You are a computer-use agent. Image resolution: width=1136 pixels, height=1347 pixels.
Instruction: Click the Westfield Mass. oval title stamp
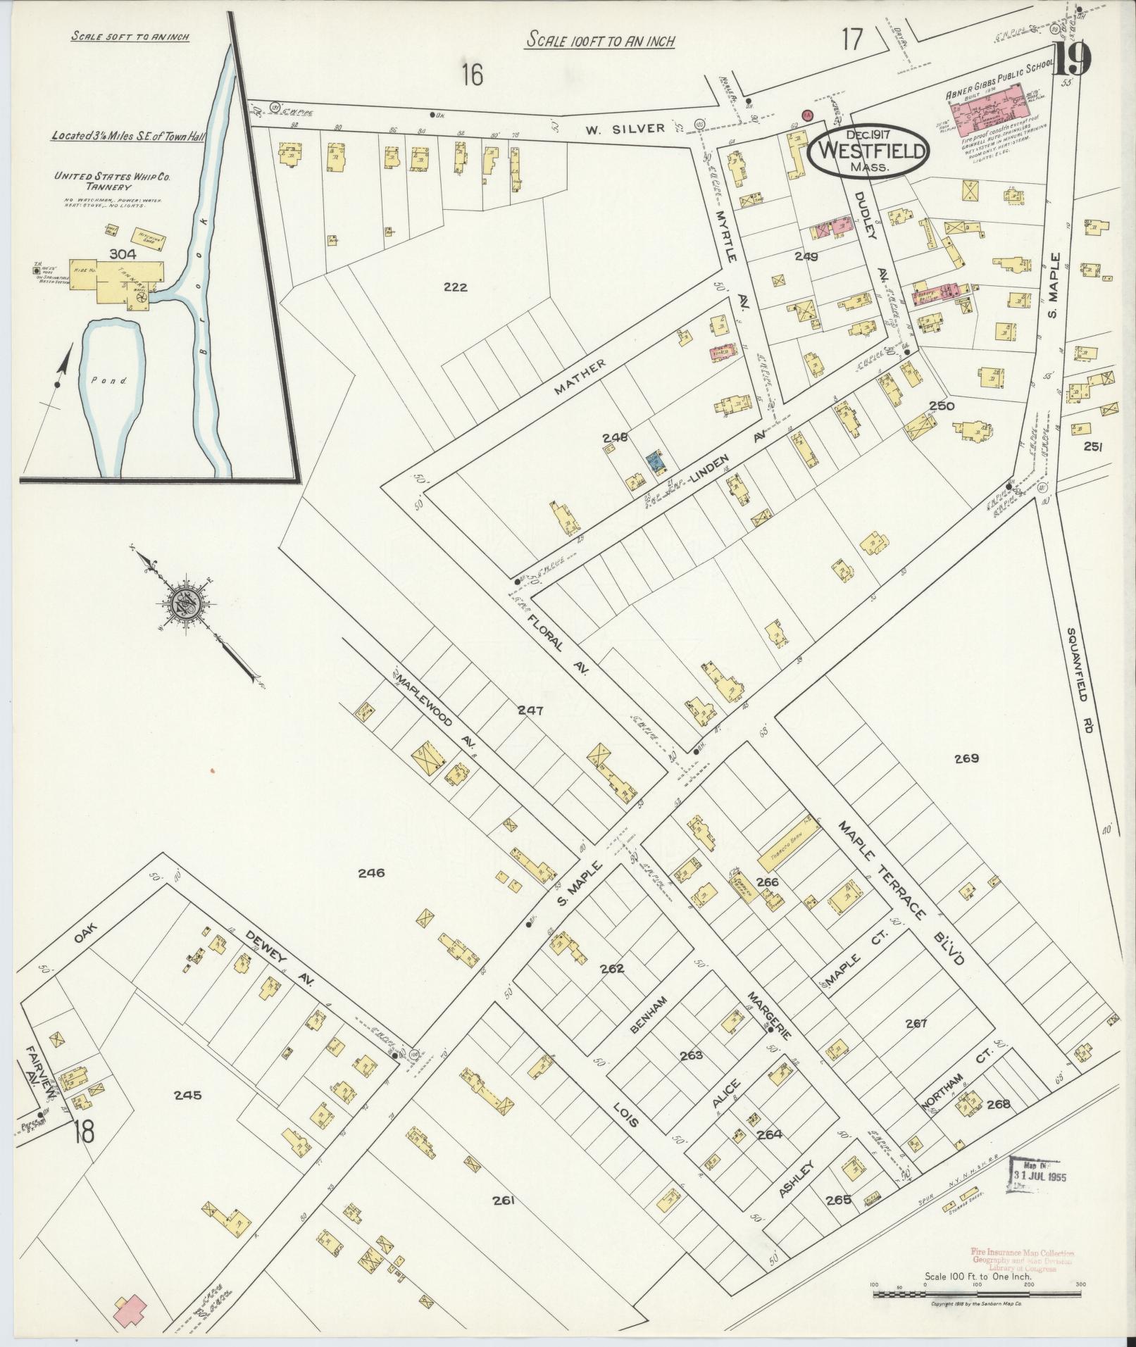click(868, 152)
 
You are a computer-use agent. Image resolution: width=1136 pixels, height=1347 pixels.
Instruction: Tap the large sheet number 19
click(1072, 61)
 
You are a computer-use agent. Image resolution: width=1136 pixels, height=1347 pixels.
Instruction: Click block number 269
click(967, 758)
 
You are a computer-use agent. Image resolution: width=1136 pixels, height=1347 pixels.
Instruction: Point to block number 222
click(456, 287)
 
